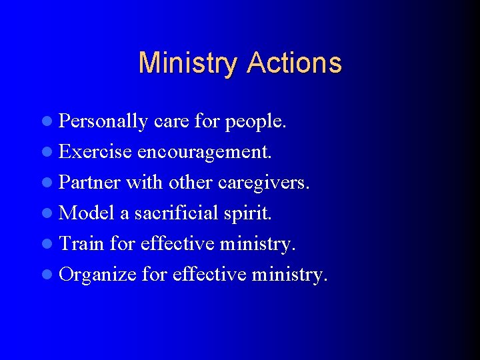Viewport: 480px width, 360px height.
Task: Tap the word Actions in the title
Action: [x=294, y=63]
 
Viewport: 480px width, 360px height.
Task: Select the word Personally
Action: [x=103, y=122]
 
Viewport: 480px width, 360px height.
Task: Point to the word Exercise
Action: [x=95, y=152]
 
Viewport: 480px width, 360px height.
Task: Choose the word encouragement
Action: [x=205, y=152]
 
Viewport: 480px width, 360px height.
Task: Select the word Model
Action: [x=87, y=213]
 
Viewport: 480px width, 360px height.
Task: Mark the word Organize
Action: [x=98, y=275]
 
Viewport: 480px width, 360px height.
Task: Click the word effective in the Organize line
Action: [x=209, y=275]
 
